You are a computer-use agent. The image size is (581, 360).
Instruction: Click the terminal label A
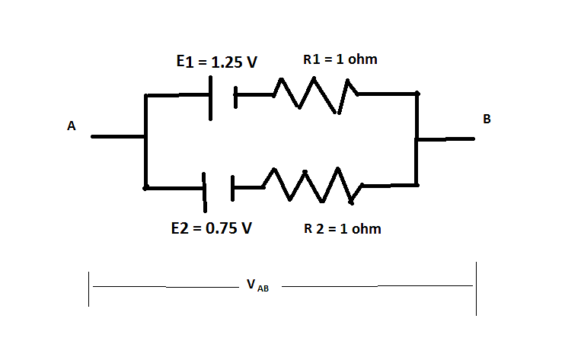pos(71,126)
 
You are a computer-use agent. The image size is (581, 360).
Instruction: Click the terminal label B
pos(487,119)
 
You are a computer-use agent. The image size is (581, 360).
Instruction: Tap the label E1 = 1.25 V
pos(217,62)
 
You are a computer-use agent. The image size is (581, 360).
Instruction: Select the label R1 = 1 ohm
pos(340,59)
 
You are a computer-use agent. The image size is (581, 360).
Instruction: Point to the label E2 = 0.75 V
pos(212,228)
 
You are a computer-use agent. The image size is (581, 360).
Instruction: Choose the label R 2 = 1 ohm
pos(343,228)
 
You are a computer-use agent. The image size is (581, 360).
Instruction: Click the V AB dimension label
pos(258,285)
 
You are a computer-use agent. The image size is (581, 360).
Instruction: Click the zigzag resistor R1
pos(315,95)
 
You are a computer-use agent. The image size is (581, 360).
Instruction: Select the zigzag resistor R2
pos(312,186)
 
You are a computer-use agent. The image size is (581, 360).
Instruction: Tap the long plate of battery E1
pos(210,98)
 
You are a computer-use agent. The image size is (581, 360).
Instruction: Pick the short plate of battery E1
pos(235,97)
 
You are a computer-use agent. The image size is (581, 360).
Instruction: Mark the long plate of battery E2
pos(204,193)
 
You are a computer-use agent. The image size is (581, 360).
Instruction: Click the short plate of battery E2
pos(233,188)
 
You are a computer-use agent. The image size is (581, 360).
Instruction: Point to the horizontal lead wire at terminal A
pos(118,137)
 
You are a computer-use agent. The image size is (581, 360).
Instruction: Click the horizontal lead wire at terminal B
pos(445,139)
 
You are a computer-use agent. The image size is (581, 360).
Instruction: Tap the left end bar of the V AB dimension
pos(88,289)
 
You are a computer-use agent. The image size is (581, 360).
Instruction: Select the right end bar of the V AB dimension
pos(476,288)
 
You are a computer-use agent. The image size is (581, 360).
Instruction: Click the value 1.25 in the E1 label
pos(226,62)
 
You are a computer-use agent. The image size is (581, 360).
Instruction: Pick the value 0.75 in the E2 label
pos(222,228)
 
